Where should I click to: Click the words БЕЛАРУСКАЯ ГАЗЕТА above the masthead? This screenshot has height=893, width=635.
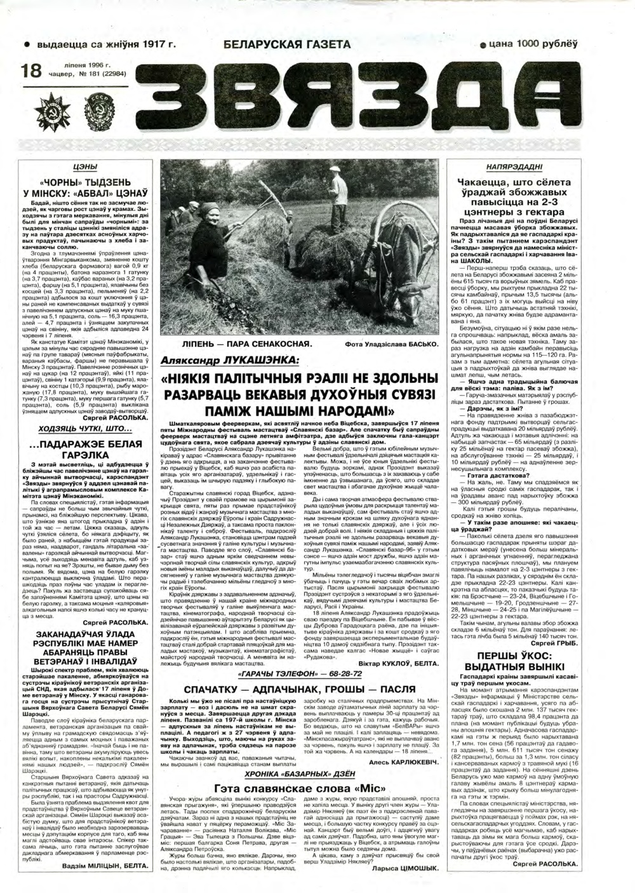tap(287, 44)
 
